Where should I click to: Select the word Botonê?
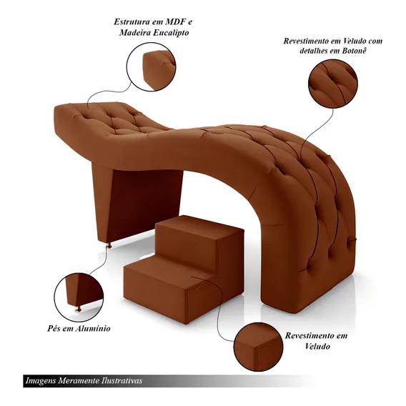click(355, 50)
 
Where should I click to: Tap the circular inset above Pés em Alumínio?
click(79, 297)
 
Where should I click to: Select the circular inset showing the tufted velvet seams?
click(333, 84)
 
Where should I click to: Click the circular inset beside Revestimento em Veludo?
click(259, 347)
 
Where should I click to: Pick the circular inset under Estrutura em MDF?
click(152, 66)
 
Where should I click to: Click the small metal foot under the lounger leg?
click(109, 245)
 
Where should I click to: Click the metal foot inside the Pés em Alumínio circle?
click(79, 308)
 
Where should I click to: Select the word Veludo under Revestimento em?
click(317, 346)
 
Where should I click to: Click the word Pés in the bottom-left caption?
click(54, 328)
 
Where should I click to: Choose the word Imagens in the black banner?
click(41, 381)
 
